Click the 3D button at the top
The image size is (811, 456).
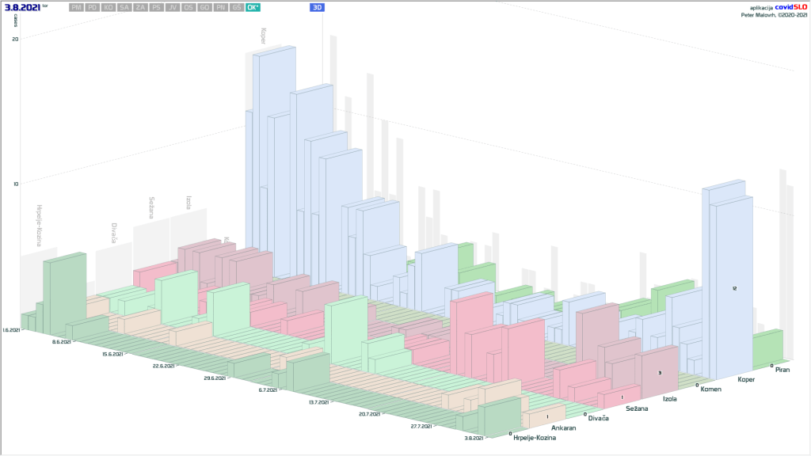[x=317, y=7]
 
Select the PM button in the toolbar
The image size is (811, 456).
[x=76, y=7]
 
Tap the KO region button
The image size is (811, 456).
[x=109, y=7]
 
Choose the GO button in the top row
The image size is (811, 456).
[x=204, y=7]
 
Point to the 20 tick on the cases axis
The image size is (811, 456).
[x=15, y=40]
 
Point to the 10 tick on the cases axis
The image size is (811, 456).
[x=15, y=184]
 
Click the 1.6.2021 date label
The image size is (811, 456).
[x=12, y=329]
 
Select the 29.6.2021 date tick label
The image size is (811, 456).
[x=215, y=380]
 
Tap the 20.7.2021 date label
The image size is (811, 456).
[x=369, y=414]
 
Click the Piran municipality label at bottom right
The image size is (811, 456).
[x=782, y=370]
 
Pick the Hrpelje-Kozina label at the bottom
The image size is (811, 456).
[x=535, y=437]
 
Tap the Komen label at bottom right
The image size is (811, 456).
[x=711, y=388]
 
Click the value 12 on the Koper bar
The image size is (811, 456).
[x=735, y=289]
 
